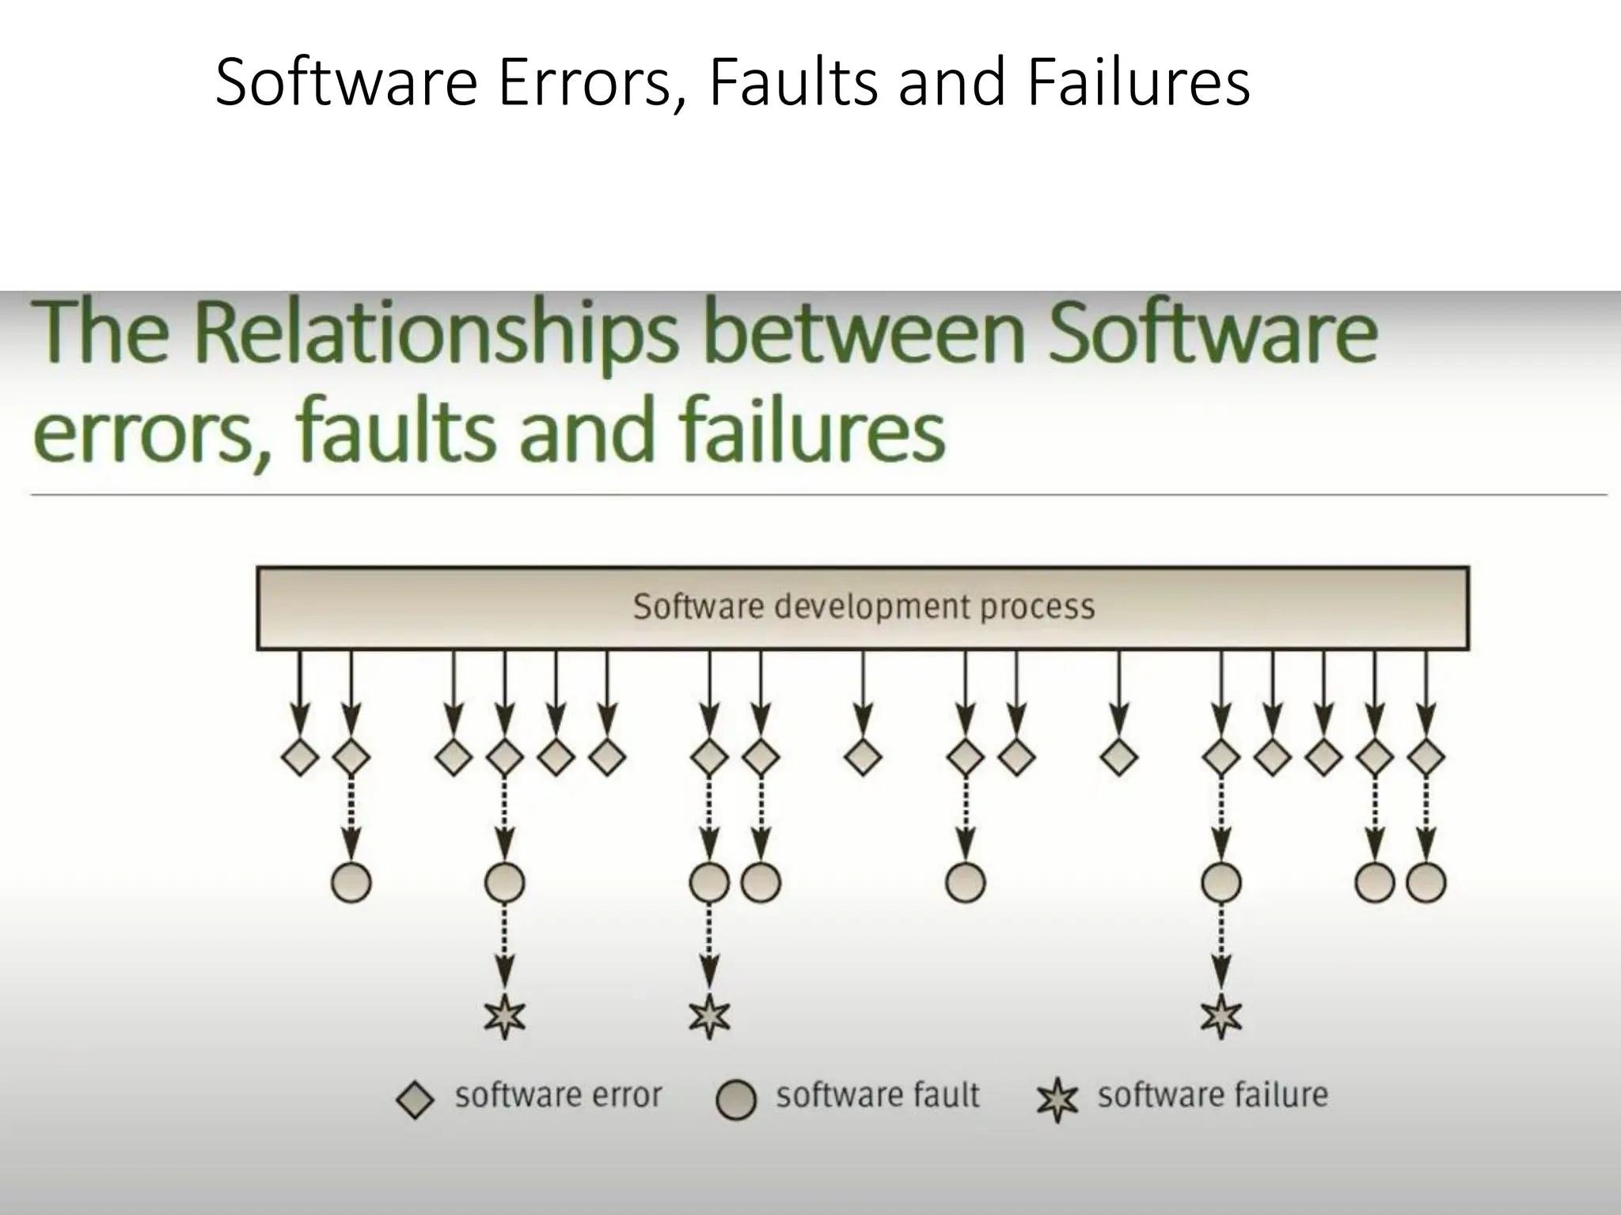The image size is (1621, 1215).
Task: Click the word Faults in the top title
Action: [x=792, y=82]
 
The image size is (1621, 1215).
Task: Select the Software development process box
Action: [x=863, y=607]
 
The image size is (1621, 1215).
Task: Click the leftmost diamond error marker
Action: [x=300, y=757]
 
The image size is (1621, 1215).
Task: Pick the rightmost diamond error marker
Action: [x=1426, y=757]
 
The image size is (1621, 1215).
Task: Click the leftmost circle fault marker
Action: [x=351, y=882]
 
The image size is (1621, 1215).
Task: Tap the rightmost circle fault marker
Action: [x=1426, y=882]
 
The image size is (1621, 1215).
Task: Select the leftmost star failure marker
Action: [x=505, y=1017]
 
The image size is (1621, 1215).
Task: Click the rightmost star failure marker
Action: [x=1221, y=1017]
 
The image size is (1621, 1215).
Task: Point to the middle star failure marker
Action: [x=709, y=1017]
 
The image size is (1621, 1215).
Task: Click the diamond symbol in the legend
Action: [x=415, y=1100]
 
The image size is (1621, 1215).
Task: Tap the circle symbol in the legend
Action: [x=736, y=1100]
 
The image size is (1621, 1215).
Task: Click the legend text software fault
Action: [x=877, y=1096]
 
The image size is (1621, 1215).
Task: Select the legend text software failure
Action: [x=1212, y=1096]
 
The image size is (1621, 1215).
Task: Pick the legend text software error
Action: [x=558, y=1096]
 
